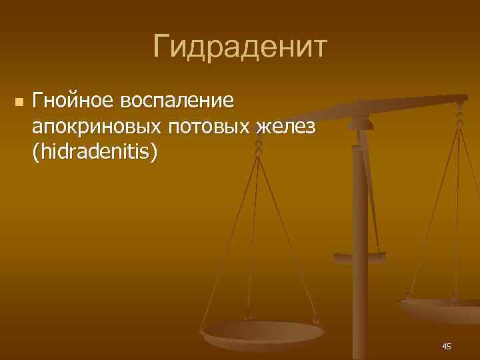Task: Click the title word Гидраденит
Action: pyautogui.click(x=240, y=47)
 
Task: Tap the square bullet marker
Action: pyautogui.click(x=18, y=102)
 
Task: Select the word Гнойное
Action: pyautogui.click(x=72, y=101)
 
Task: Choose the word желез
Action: pyautogui.click(x=285, y=127)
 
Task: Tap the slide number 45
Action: pyautogui.click(x=446, y=346)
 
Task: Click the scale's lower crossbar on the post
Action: pyautogui.click(x=359, y=255)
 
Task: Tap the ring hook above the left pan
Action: pyautogui.click(x=259, y=147)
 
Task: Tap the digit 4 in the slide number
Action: pyautogui.click(x=444, y=346)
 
